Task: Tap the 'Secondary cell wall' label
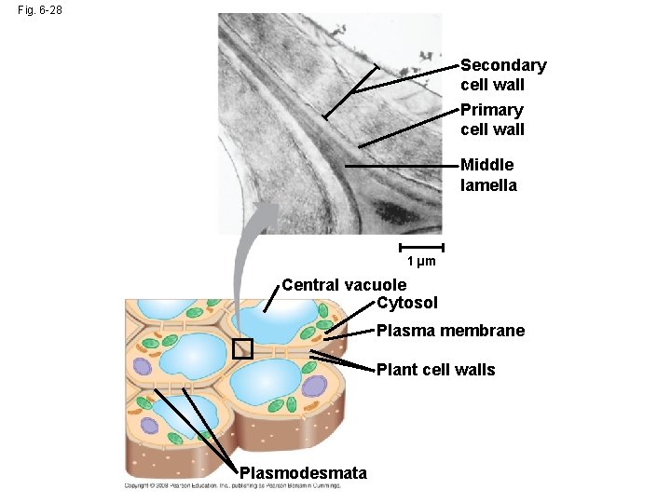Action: (x=503, y=75)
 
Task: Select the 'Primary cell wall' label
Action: (x=492, y=119)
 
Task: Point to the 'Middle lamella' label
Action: (x=488, y=174)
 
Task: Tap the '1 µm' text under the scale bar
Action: (x=421, y=262)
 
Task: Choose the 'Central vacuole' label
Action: (x=344, y=285)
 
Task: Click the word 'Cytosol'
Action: (x=407, y=303)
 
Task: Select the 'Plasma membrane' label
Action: (x=450, y=331)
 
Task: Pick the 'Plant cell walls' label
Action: (x=435, y=370)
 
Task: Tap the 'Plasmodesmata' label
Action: (x=303, y=473)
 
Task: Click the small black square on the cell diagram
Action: (x=242, y=349)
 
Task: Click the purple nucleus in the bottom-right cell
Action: (x=314, y=386)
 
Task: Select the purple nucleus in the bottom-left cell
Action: (x=149, y=426)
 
